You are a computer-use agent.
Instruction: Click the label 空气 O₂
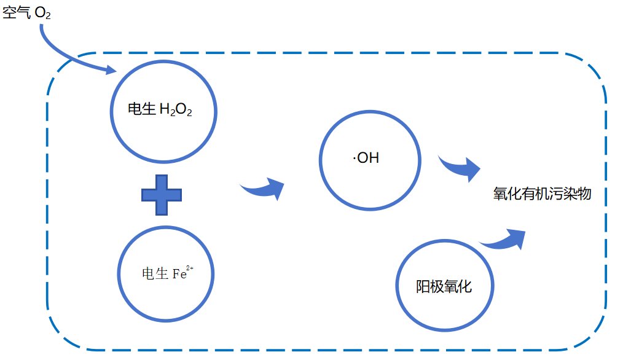(26, 13)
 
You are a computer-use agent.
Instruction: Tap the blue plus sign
(162, 195)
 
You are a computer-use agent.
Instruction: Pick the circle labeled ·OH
(370, 159)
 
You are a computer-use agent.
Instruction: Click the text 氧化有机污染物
(542, 194)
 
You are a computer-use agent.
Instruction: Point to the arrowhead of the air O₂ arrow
(111, 70)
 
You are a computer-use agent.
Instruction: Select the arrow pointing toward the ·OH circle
(263, 188)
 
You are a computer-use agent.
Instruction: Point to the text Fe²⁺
(182, 273)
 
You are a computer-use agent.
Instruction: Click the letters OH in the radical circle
(368, 158)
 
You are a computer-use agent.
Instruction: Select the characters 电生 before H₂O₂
(141, 109)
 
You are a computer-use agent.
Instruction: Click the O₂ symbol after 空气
(43, 14)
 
